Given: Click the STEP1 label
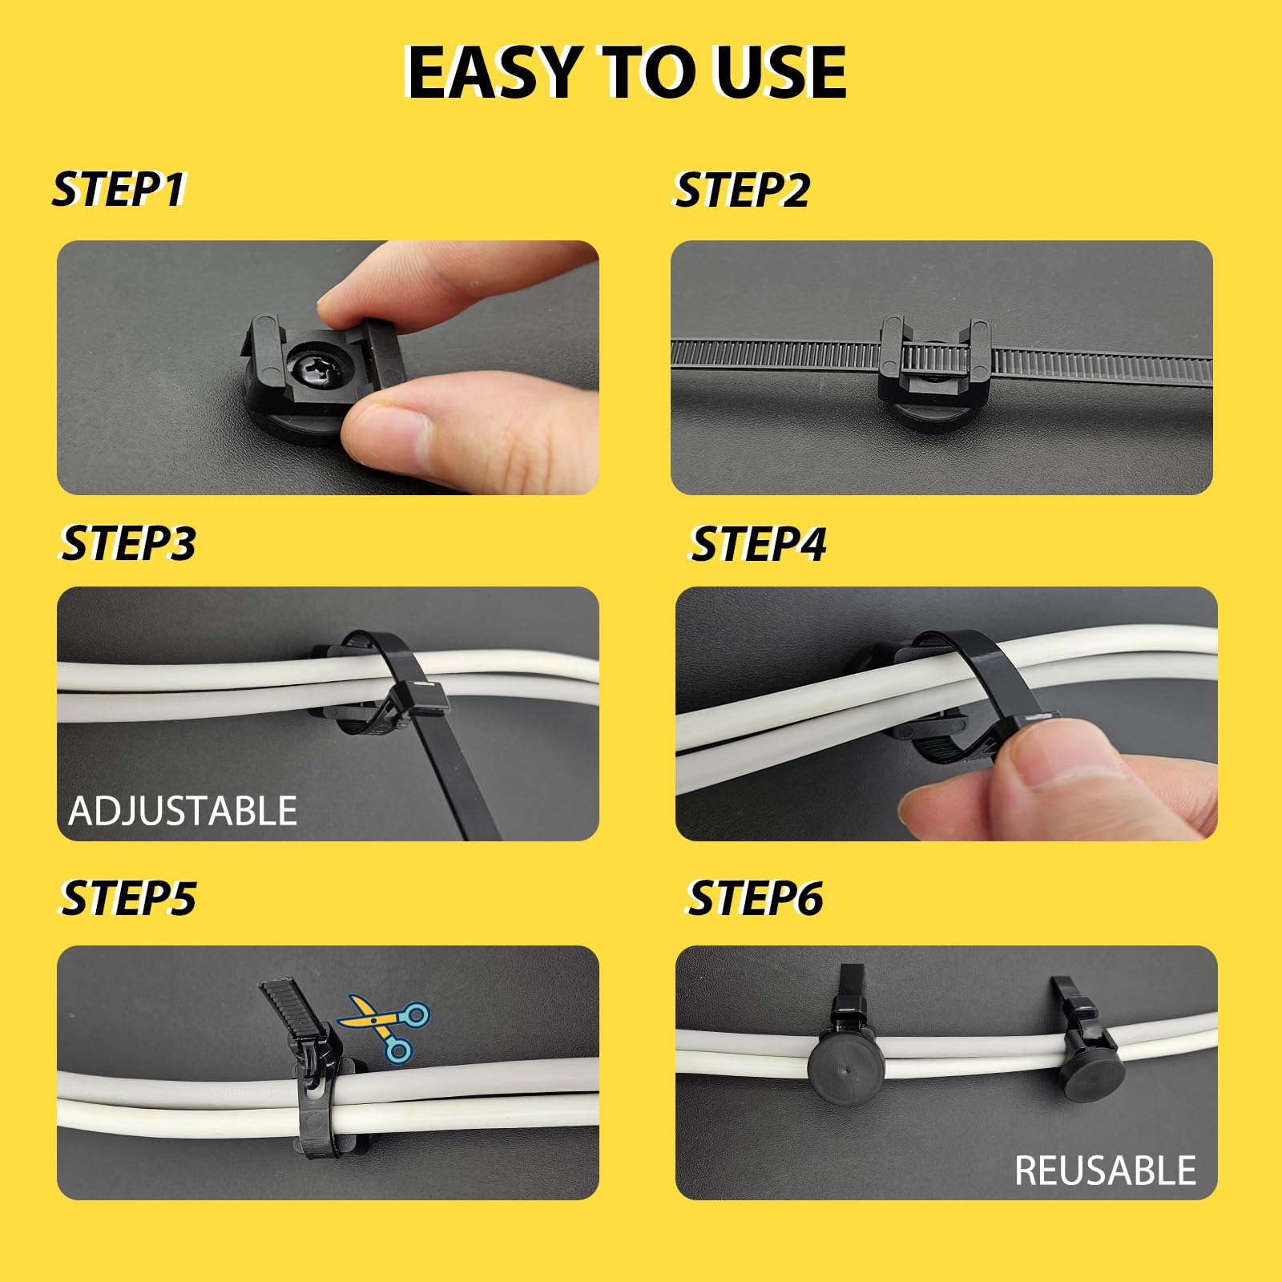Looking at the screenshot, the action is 119,190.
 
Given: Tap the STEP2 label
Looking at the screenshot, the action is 741,190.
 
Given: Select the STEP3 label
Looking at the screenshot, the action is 128,543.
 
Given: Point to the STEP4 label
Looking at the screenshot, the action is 758,544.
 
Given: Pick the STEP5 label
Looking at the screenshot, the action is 128,897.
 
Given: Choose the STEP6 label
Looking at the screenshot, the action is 756,897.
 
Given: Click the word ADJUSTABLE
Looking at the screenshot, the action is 183,811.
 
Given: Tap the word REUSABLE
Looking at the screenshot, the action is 1105,1171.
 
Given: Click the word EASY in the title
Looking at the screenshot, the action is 494,72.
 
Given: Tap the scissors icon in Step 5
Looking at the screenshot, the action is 385,1028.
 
